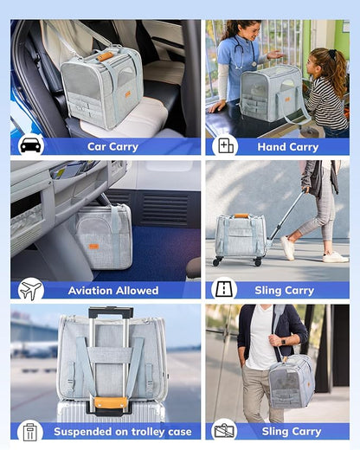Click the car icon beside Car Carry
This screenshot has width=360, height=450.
pos(30,145)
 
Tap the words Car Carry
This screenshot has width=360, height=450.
pos(112,146)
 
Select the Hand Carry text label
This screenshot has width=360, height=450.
pos(287,146)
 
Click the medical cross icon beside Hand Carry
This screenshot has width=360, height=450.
pos(225,145)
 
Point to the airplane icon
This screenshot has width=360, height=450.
pos(30,289)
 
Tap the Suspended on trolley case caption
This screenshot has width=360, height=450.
pos(119,431)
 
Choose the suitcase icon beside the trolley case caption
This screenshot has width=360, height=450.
pos(30,431)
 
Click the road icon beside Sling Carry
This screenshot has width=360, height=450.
pos(225,289)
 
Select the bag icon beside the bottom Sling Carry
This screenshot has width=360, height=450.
pos(225,431)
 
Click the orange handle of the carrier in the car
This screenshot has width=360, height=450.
pos(105,56)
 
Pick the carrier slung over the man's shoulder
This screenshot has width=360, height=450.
pos(292,381)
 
